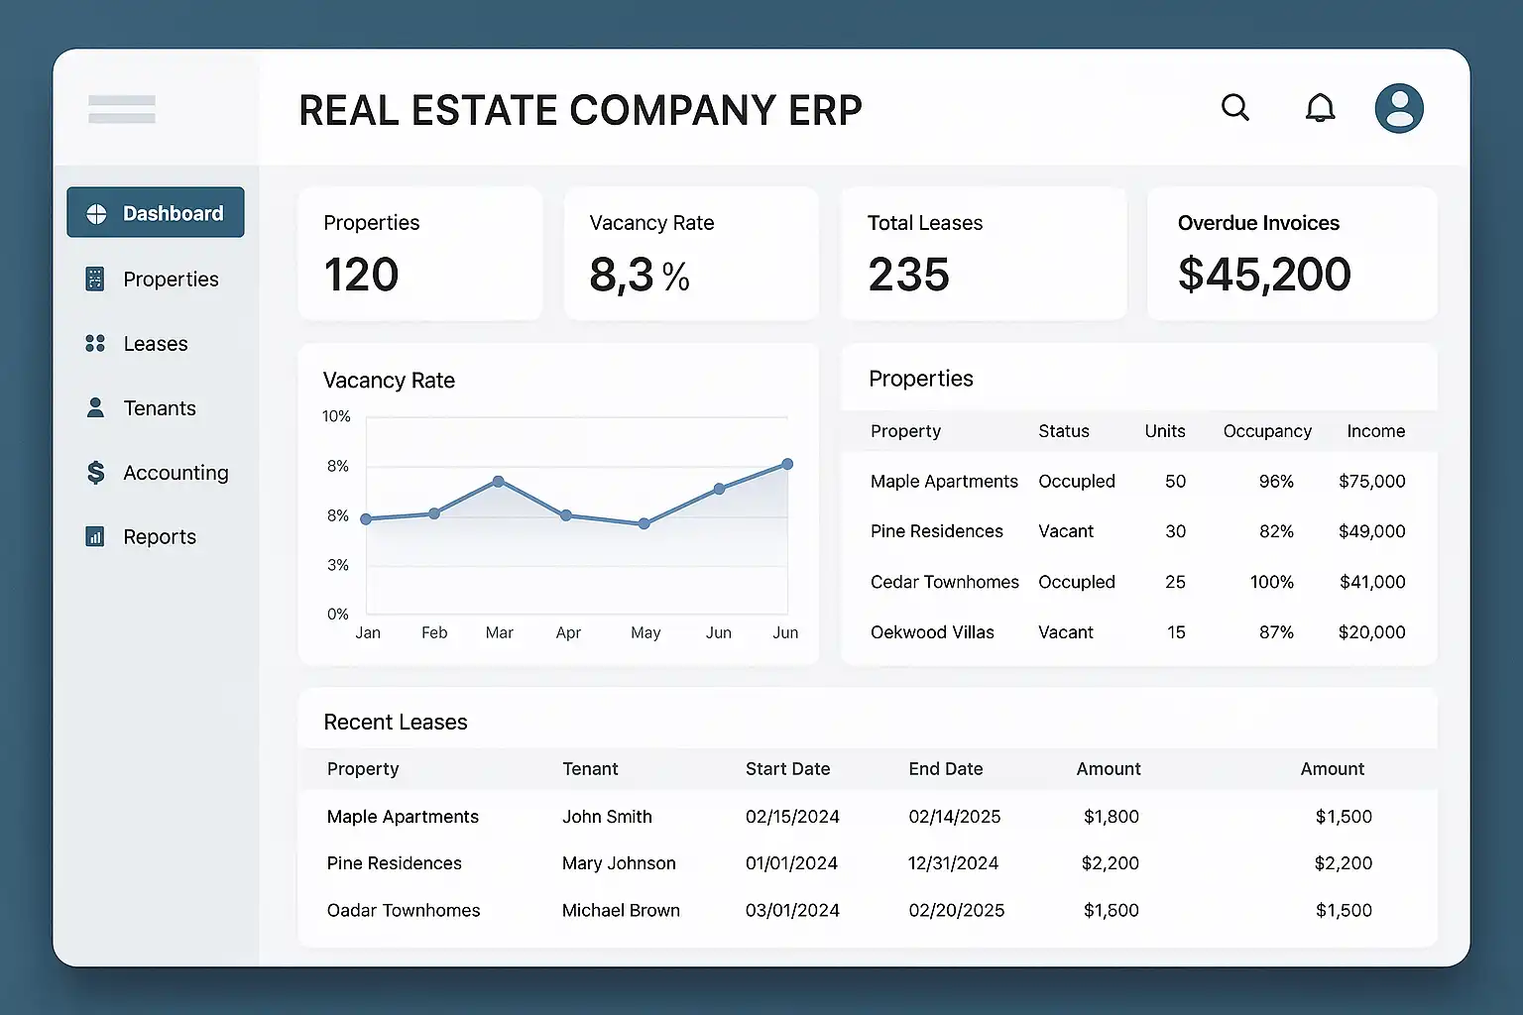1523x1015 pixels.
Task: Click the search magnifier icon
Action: pyautogui.click(x=1234, y=107)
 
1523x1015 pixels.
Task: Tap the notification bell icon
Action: pyautogui.click(x=1320, y=108)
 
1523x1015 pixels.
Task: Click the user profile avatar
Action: pyautogui.click(x=1399, y=108)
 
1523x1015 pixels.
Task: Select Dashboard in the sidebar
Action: pyautogui.click(x=156, y=213)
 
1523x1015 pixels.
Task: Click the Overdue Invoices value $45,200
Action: pyautogui.click(x=1264, y=275)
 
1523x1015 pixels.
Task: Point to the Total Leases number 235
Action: pyautogui.click(x=908, y=275)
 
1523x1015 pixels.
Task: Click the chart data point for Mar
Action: pyautogui.click(x=499, y=482)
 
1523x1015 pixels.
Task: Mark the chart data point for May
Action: pyautogui.click(x=644, y=523)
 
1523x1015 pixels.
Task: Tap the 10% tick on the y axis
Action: pyautogui.click(x=336, y=416)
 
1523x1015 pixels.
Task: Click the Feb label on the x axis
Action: pyautogui.click(x=434, y=632)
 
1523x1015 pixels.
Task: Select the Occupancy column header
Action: pyautogui.click(x=1267, y=431)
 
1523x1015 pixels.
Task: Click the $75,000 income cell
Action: pyautogui.click(x=1371, y=482)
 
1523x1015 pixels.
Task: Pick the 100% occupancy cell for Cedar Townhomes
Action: pyautogui.click(x=1271, y=582)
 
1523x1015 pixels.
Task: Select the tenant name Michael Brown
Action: pyautogui.click(x=621, y=910)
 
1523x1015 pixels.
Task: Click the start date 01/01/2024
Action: pyautogui.click(x=791, y=863)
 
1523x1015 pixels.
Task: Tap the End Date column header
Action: pyautogui.click(x=945, y=769)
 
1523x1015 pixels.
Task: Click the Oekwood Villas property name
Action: pyautogui.click(x=932, y=632)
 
